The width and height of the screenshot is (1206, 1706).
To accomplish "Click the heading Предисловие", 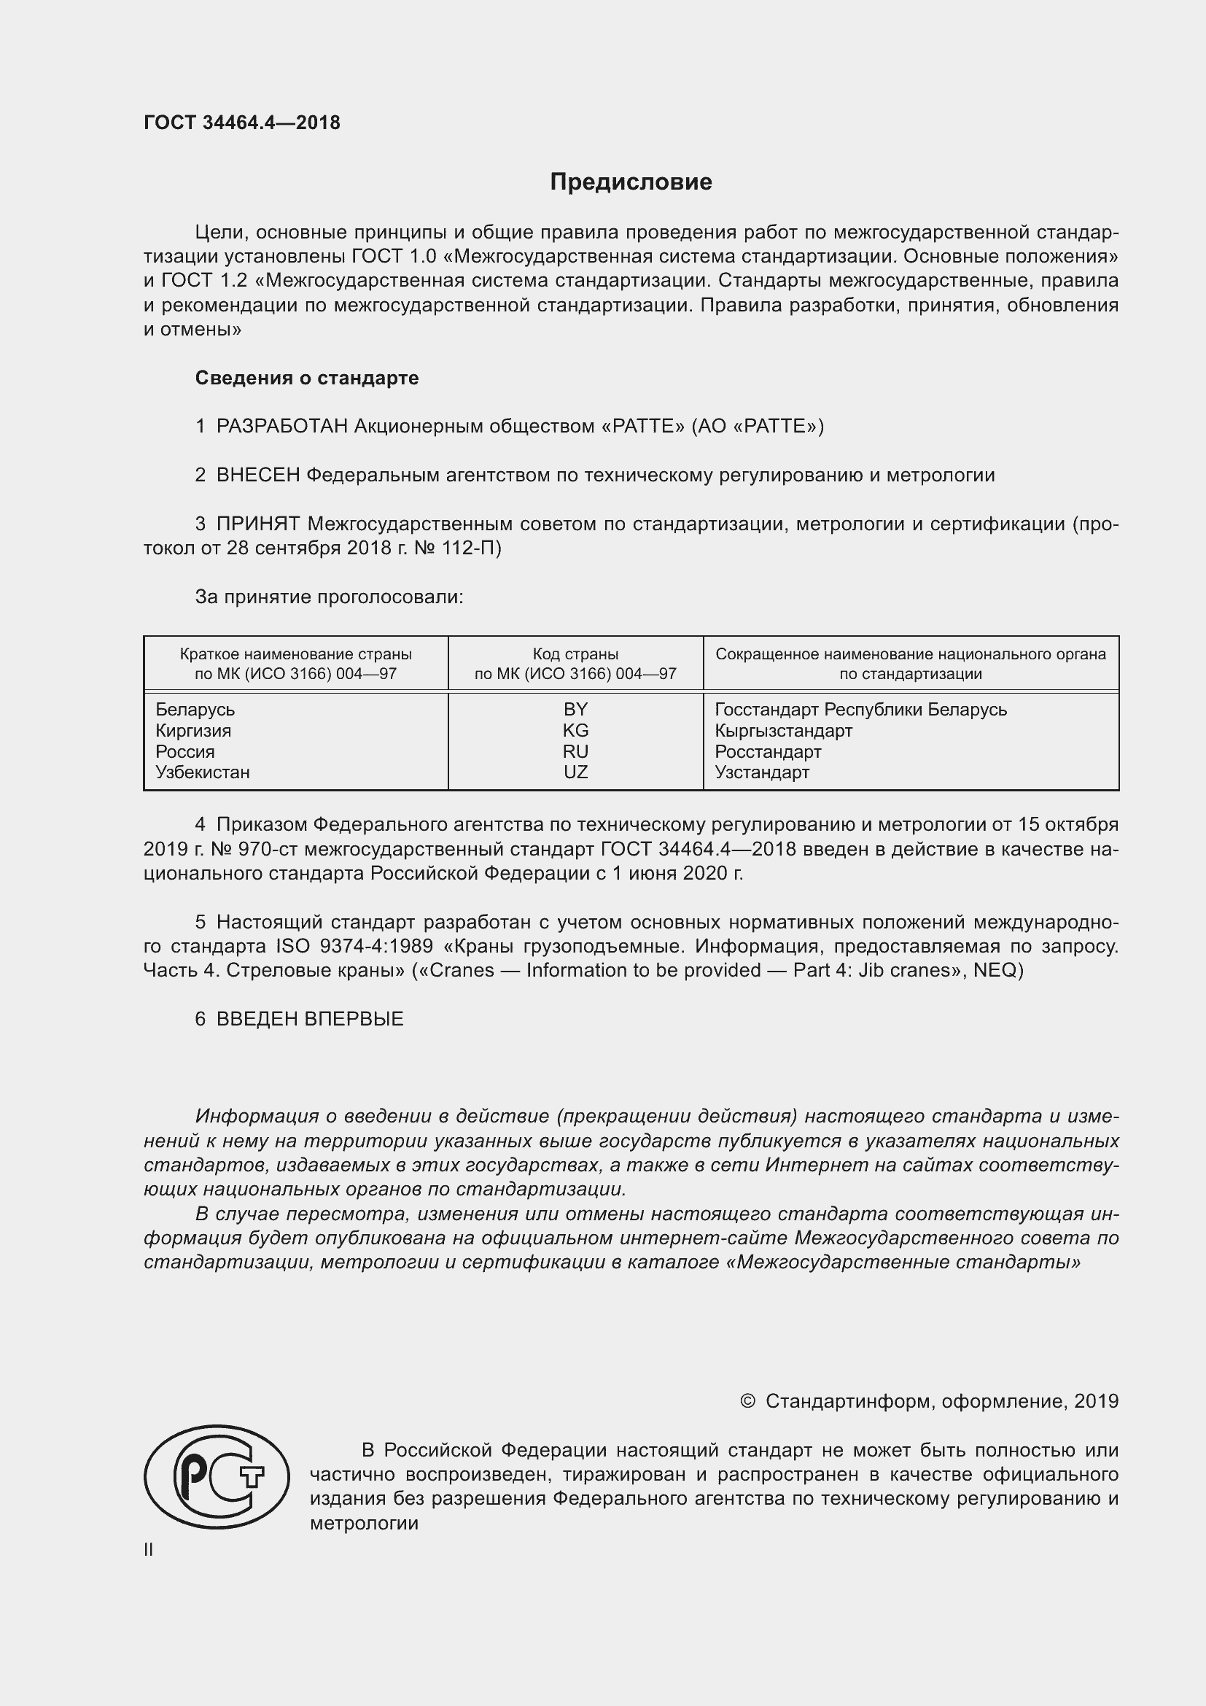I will point(631,182).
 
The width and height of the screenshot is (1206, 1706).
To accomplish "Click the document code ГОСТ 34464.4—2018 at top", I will point(242,123).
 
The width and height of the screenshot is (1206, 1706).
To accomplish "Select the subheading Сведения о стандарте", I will point(307,379).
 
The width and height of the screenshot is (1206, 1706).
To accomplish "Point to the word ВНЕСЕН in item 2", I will point(257,475).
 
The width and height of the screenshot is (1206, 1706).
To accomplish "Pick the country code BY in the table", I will point(575,710).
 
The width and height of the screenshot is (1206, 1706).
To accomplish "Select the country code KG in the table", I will point(575,730).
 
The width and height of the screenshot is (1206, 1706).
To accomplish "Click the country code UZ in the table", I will point(575,772).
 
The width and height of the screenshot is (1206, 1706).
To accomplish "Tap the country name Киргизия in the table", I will point(193,730).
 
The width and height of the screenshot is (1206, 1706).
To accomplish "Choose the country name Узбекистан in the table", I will point(203,772).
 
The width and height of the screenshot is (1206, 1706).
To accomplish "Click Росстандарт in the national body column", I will point(768,751).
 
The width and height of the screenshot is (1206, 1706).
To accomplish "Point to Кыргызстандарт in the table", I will point(783,730).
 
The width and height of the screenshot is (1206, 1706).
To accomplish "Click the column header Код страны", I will point(575,654).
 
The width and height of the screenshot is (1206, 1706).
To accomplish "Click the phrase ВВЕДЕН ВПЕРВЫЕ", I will point(310,1019).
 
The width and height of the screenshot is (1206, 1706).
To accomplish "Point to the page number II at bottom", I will point(149,1550).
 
